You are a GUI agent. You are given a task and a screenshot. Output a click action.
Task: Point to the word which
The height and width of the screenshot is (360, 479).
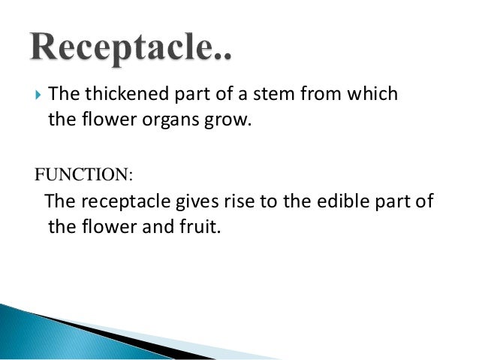[372, 95]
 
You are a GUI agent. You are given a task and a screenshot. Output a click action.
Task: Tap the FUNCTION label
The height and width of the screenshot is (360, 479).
[80, 175]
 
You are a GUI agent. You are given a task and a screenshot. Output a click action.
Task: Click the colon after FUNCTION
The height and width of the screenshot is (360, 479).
[130, 176]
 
